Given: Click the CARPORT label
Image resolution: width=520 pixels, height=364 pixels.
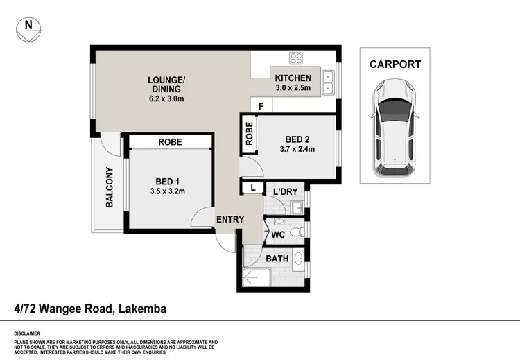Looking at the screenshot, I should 395,64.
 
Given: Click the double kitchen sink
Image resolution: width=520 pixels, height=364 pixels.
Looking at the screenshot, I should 327,81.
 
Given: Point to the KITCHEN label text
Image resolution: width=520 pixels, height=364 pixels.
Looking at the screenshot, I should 293,78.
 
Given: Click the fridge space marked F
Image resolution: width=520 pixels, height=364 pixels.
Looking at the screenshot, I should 261,105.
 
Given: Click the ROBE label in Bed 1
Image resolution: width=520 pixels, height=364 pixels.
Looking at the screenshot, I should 170,141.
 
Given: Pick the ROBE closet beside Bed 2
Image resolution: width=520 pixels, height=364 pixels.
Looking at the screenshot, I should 248,133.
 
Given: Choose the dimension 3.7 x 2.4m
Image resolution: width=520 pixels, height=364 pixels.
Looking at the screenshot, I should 296,149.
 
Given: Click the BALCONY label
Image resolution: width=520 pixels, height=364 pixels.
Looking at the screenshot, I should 109,187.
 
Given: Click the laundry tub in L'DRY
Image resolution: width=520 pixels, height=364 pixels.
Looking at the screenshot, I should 296,207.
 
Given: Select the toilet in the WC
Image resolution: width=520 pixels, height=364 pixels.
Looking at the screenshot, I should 295,232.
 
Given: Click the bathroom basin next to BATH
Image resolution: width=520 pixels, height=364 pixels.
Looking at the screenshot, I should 299,259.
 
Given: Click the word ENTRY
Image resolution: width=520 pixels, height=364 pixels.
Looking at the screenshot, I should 230,220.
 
